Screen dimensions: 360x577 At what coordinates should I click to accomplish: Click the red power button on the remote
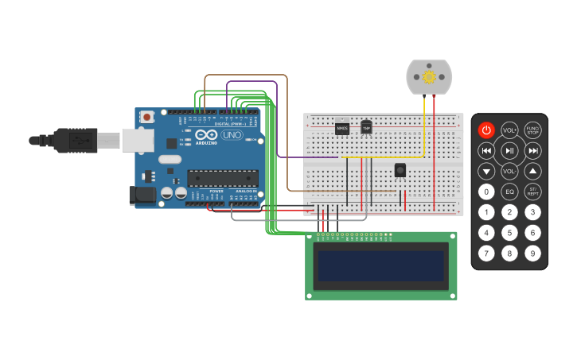tap(486, 130)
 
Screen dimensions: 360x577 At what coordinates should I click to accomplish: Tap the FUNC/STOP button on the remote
tap(532, 130)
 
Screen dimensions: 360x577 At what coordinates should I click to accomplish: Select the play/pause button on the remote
tap(509, 150)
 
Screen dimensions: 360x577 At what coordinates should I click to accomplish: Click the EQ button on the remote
tap(509, 192)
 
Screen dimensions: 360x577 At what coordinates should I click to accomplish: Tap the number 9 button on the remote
tap(532, 254)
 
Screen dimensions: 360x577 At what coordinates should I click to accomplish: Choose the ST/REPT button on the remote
tap(532, 192)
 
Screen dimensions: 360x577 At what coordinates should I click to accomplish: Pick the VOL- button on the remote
tap(509, 171)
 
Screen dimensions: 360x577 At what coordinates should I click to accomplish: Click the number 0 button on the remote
tap(486, 192)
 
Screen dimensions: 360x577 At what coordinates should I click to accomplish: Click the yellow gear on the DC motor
tap(429, 76)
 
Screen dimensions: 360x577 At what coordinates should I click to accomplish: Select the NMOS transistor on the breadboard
tap(342, 127)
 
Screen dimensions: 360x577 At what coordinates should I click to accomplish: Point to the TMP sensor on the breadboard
tap(366, 127)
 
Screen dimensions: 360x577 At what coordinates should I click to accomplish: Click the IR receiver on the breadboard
tap(400, 169)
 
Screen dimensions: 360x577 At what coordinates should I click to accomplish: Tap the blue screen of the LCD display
tap(381, 265)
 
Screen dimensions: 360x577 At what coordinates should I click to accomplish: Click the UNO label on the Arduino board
tap(232, 135)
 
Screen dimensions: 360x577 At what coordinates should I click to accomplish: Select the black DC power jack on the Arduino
tap(142, 194)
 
